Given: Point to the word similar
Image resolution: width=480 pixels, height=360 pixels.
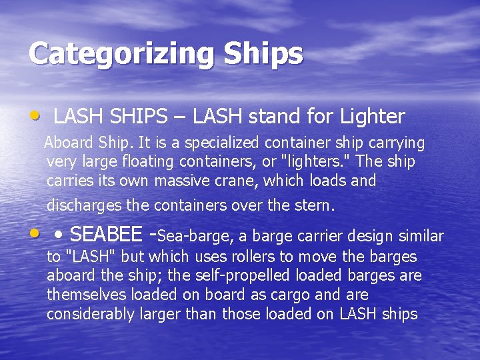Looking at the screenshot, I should click(421, 236).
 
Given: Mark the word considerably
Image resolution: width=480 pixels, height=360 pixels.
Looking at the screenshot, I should click(91, 314).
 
